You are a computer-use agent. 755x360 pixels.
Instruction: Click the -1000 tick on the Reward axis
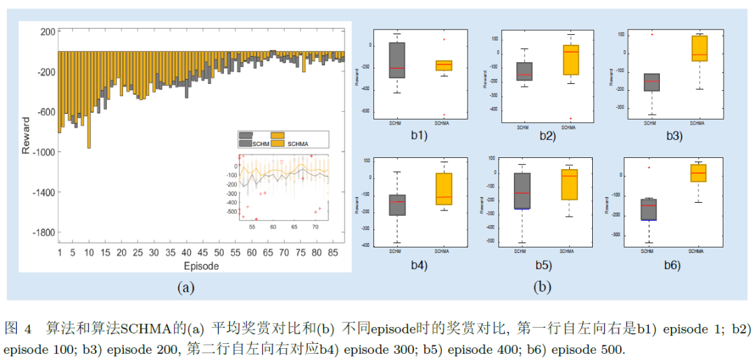(45, 152)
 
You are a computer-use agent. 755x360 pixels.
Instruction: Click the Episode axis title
(201, 266)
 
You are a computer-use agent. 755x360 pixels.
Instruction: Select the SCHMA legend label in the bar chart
(298, 143)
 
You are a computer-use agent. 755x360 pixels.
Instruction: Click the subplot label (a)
(185, 287)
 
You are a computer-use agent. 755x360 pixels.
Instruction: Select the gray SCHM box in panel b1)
(397, 60)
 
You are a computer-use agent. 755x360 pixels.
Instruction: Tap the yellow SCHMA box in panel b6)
(698, 173)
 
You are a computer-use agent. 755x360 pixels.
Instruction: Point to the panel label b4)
(419, 265)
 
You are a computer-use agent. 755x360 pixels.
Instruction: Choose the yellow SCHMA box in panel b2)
(570, 59)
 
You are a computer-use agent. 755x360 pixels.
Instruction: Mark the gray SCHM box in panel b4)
(397, 205)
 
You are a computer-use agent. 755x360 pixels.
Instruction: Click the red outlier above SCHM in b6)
(648, 168)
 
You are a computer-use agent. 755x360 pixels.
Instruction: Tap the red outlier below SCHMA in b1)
(443, 115)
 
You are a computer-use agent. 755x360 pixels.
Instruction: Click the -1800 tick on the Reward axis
(45, 233)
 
